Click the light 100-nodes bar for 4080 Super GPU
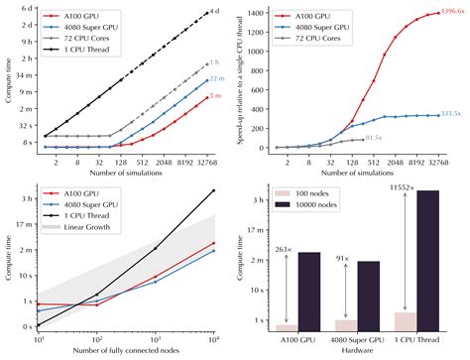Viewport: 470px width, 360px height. point(346,324)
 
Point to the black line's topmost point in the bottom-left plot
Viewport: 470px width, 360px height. point(215,190)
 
